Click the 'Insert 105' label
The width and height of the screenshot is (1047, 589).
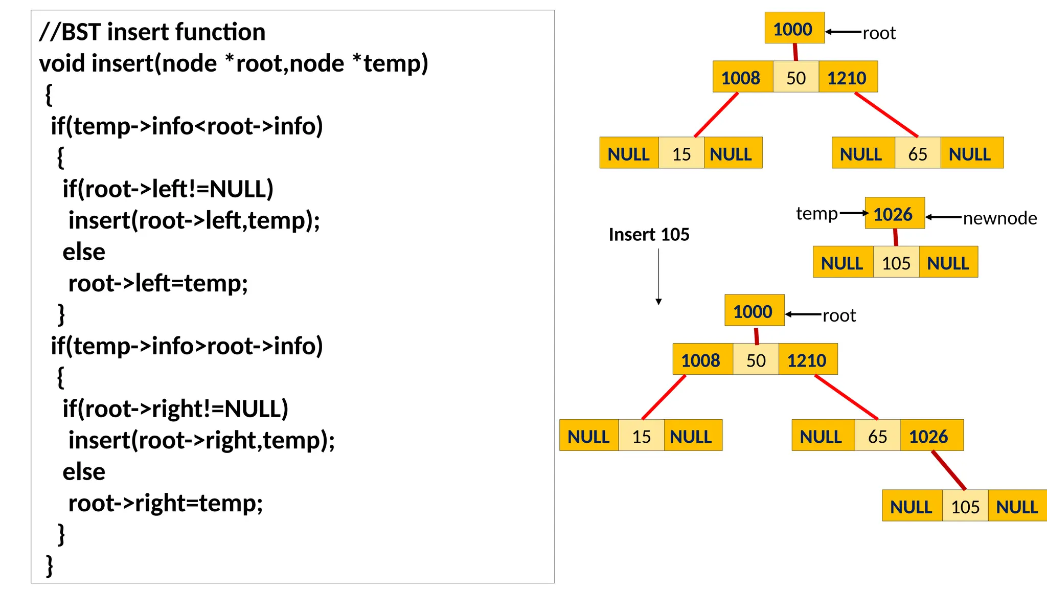(x=649, y=235)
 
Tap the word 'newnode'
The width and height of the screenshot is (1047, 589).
(x=999, y=218)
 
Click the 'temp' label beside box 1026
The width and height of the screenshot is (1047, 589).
(x=816, y=213)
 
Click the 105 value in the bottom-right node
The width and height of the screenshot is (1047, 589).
(x=965, y=506)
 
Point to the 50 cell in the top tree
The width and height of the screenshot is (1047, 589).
(x=795, y=78)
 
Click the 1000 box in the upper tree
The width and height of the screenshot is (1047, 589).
(x=794, y=29)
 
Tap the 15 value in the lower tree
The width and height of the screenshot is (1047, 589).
(x=641, y=436)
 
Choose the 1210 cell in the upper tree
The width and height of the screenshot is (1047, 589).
(x=847, y=78)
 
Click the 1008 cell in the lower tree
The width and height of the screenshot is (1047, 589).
(x=701, y=360)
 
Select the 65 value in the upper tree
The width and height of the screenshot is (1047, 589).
(x=917, y=154)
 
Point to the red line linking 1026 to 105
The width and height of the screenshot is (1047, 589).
(x=949, y=470)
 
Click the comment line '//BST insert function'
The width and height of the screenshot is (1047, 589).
(x=152, y=32)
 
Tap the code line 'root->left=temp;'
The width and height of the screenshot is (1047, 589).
(x=158, y=283)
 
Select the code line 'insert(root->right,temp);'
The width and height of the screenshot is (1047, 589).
(x=201, y=440)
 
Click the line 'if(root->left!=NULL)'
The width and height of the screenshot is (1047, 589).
(x=168, y=189)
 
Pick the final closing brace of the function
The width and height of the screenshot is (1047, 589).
(x=50, y=565)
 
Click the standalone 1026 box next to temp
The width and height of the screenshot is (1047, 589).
(x=894, y=214)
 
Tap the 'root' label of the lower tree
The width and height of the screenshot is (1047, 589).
(x=839, y=315)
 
